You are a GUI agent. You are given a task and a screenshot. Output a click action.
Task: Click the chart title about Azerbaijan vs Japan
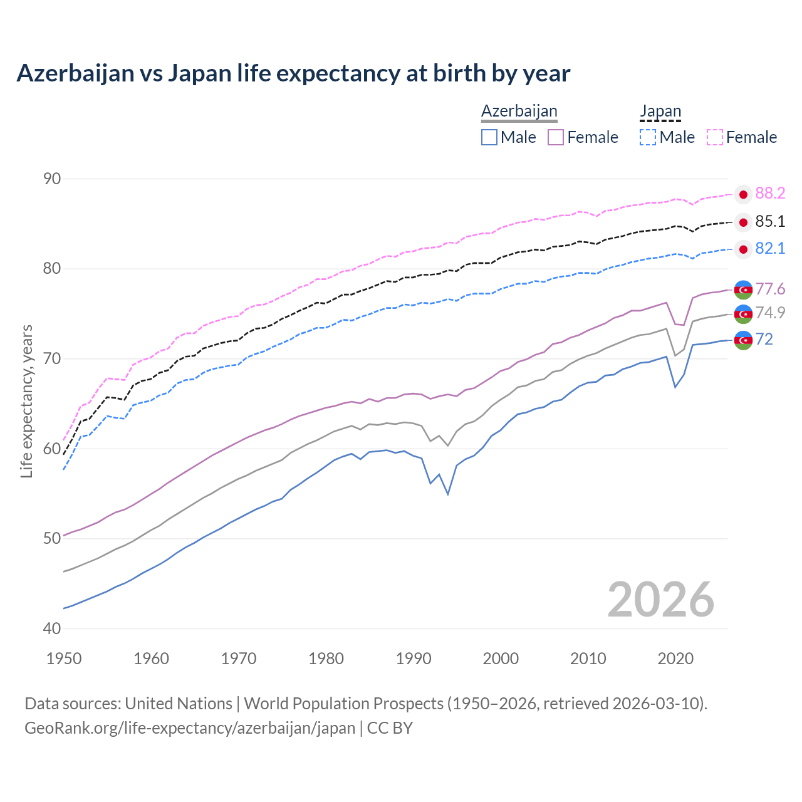(x=293, y=73)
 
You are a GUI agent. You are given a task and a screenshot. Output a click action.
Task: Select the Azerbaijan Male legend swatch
(x=489, y=137)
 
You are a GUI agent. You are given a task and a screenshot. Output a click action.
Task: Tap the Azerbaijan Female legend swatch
(x=556, y=137)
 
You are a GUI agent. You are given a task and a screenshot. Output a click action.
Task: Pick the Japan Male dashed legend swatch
(x=648, y=137)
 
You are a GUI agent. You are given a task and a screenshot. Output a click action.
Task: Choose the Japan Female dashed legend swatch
(x=715, y=137)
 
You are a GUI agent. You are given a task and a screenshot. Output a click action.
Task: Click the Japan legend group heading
(x=660, y=112)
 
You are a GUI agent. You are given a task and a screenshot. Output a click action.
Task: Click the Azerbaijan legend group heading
(x=519, y=112)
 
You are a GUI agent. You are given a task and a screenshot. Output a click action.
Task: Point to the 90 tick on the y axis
(x=52, y=179)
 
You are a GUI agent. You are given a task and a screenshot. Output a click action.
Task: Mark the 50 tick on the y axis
(x=52, y=539)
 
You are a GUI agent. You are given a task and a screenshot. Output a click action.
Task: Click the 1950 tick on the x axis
(x=64, y=659)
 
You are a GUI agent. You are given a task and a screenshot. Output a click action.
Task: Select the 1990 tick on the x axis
(x=414, y=659)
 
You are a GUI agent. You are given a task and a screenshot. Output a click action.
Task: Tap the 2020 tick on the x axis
(x=675, y=659)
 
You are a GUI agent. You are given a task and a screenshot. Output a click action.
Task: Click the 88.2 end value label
(x=770, y=194)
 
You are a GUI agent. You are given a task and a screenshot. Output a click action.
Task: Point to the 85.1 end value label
(x=770, y=222)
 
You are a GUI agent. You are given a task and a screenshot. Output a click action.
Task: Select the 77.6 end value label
(x=770, y=289)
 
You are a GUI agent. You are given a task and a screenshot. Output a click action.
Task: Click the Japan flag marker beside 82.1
(x=743, y=249)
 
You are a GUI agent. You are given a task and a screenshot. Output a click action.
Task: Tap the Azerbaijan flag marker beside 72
(x=743, y=340)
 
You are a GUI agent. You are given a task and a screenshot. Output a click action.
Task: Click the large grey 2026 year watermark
(x=661, y=600)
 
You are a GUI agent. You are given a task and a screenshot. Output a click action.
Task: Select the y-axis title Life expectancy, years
(x=27, y=401)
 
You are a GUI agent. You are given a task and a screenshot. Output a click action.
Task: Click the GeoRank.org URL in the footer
(x=190, y=728)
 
